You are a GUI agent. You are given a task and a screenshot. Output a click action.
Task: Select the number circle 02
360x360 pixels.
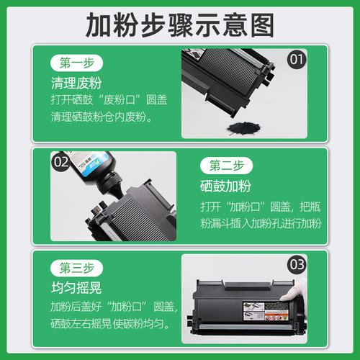tap(60, 162)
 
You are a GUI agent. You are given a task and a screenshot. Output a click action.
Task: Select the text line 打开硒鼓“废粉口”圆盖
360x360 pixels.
tap(104, 99)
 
